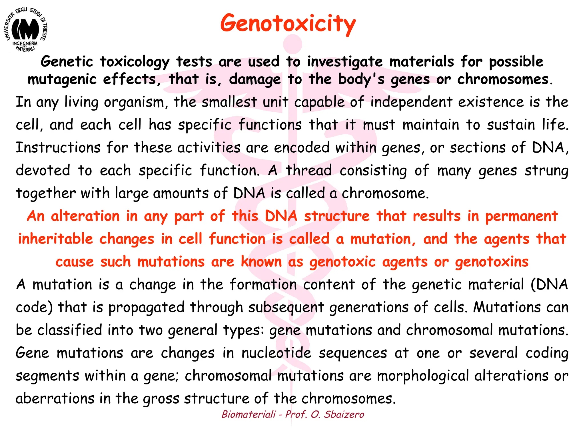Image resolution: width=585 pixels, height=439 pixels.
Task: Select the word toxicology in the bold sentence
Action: click(134, 62)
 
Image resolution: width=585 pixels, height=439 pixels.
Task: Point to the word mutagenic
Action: click(62, 80)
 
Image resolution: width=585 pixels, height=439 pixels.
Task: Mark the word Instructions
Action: click(58, 148)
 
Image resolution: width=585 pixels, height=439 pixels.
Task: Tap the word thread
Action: click(309, 171)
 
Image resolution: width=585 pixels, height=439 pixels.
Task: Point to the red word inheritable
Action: click(55, 239)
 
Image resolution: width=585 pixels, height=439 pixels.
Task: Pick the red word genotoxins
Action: click(492, 262)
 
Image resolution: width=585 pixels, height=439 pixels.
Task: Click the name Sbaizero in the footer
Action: click(344, 414)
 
